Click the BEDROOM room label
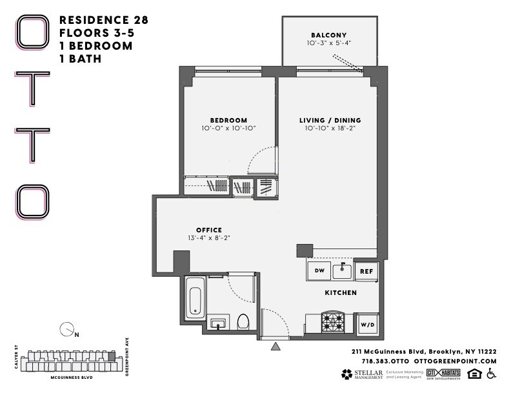[228, 120]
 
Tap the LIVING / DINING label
[330, 120]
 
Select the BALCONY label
[329, 35]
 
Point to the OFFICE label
[209, 230]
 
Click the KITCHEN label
[341, 292]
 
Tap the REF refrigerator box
[365, 272]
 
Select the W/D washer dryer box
[366, 324]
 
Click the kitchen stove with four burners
[334, 321]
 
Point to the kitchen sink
[342, 271]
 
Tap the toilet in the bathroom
[244, 321]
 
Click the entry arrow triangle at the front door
[276, 347]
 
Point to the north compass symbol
[66, 330]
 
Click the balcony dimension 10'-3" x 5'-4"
[329, 43]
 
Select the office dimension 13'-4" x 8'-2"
[209, 238]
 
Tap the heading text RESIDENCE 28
[103, 20]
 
